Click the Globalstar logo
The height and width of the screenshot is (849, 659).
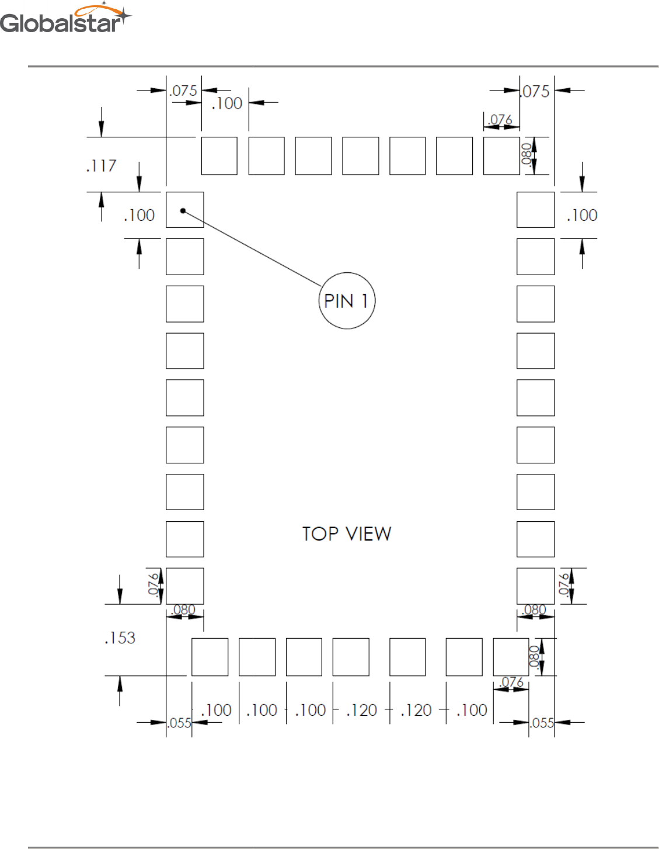pos(65,19)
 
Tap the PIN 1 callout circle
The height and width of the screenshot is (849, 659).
pos(347,300)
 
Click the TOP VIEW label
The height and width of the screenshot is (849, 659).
pos(346,533)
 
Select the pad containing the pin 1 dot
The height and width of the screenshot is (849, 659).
pos(184,210)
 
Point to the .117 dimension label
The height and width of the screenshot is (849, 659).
pos(102,166)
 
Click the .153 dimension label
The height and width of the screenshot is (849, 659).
pos(120,637)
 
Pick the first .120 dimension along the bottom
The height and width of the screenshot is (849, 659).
pos(361,710)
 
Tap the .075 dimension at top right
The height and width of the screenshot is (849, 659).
pos(536,92)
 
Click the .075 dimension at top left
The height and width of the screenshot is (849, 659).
pos(183,91)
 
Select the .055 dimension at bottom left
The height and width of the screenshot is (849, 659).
pos(179,723)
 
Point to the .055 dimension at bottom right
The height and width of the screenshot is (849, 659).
pos(542,723)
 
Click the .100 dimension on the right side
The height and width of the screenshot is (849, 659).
pos(582,215)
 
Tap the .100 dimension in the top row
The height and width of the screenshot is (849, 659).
pos(226,103)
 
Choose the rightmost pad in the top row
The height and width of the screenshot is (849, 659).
pos(501,156)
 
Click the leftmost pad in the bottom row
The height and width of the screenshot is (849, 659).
pos(210,657)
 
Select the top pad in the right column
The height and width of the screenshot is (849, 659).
pos(535,210)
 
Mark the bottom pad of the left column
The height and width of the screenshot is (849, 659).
pos(184,585)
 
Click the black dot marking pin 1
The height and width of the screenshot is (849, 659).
pos(183,210)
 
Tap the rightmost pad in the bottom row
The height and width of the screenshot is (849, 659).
pos(511,657)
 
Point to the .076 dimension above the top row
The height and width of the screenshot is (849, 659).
pos(500,120)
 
